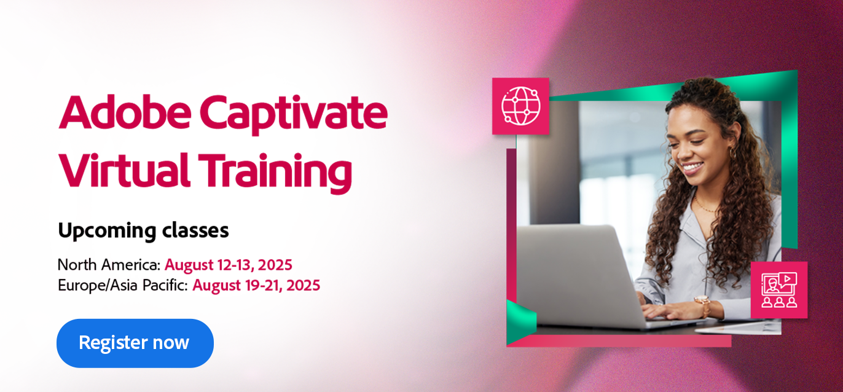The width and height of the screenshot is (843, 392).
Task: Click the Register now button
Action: [x=135, y=343]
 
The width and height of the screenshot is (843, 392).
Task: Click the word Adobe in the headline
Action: [x=125, y=112]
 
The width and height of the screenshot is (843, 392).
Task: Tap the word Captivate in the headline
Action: [x=294, y=114]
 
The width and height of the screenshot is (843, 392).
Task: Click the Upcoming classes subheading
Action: [x=143, y=231]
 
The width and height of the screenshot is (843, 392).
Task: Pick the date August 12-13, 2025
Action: [x=229, y=265]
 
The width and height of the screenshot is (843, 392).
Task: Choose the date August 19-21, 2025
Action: [x=256, y=285]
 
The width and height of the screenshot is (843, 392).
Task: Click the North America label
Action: [x=109, y=265]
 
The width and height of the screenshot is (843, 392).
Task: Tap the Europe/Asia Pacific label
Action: [x=123, y=285]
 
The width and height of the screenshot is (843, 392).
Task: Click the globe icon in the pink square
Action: [x=521, y=106]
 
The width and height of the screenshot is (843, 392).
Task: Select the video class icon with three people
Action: [x=779, y=290]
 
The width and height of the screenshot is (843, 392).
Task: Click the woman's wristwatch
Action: [x=703, y=304]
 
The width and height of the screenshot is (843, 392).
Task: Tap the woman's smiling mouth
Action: [x=692, y=167]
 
